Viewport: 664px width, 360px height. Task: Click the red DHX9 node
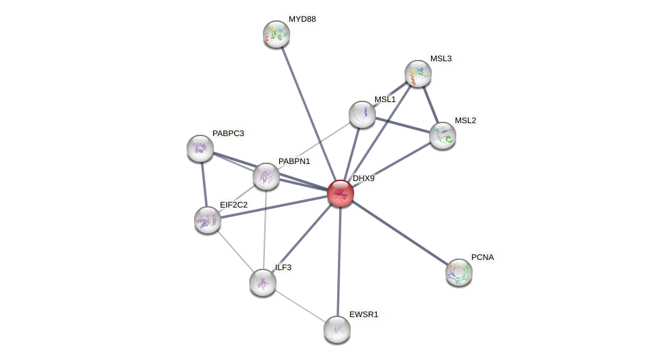pos(341,193)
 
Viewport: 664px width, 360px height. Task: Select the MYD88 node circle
pos(276,34)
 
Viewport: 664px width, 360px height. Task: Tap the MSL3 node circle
pos(418,73)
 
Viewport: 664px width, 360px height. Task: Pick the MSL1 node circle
pos(362,114)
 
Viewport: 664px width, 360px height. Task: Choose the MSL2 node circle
pos(443,135)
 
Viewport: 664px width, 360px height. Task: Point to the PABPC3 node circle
pos(200,148)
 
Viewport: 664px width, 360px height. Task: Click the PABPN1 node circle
pos(266,176)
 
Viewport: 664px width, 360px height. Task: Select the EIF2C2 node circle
pos(208,220)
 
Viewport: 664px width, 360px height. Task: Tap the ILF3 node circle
pos(263,282)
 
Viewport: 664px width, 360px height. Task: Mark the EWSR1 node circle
pos(337,329)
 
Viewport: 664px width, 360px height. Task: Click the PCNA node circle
pos(459,272)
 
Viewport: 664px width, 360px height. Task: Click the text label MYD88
pos(302,19)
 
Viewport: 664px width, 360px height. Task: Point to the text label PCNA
pos(482,257)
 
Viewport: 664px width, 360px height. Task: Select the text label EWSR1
pos(364,314)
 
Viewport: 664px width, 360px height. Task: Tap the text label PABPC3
pos(227,133)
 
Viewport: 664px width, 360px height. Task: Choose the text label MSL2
pos(465,120)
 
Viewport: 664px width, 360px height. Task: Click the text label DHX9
pos(363,178)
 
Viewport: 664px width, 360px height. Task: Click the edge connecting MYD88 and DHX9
pos(309,114)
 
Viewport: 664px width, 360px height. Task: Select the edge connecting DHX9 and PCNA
pos(400,233)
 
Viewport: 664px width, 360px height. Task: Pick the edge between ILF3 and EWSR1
pos(300,306)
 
